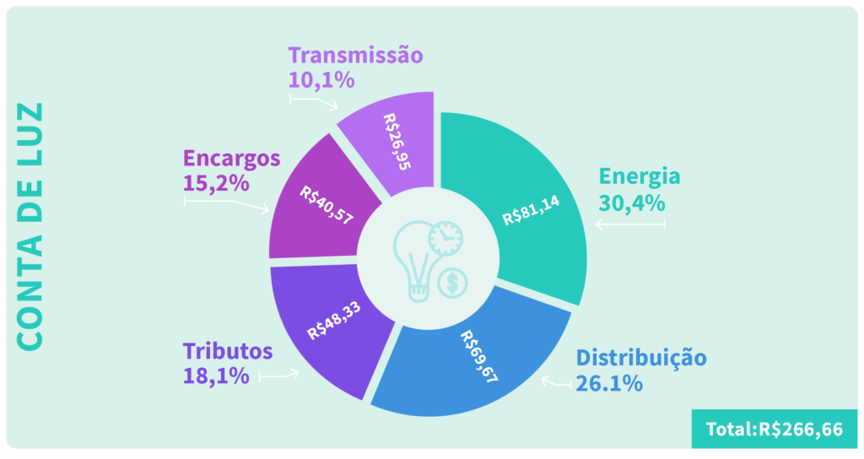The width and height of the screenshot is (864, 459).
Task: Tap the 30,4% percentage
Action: (x=632, y=203)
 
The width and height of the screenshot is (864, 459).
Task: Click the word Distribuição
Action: (x=641, y=357)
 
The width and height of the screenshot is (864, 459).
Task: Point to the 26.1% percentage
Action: (x=609, y=383)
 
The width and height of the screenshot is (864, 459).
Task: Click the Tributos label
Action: (x=228, y=350)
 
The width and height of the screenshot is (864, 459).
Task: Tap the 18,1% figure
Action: (x=216, y=375)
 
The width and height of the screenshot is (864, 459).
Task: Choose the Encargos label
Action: (x=231, y=158)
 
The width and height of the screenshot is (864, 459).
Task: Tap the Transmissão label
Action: (x=354, y=56)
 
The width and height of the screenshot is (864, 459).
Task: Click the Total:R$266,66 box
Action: (x=774, y=429)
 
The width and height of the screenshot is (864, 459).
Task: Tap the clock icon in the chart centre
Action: (x=445, y=238)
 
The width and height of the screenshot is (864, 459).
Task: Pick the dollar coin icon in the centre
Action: (x=453, y=283)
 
